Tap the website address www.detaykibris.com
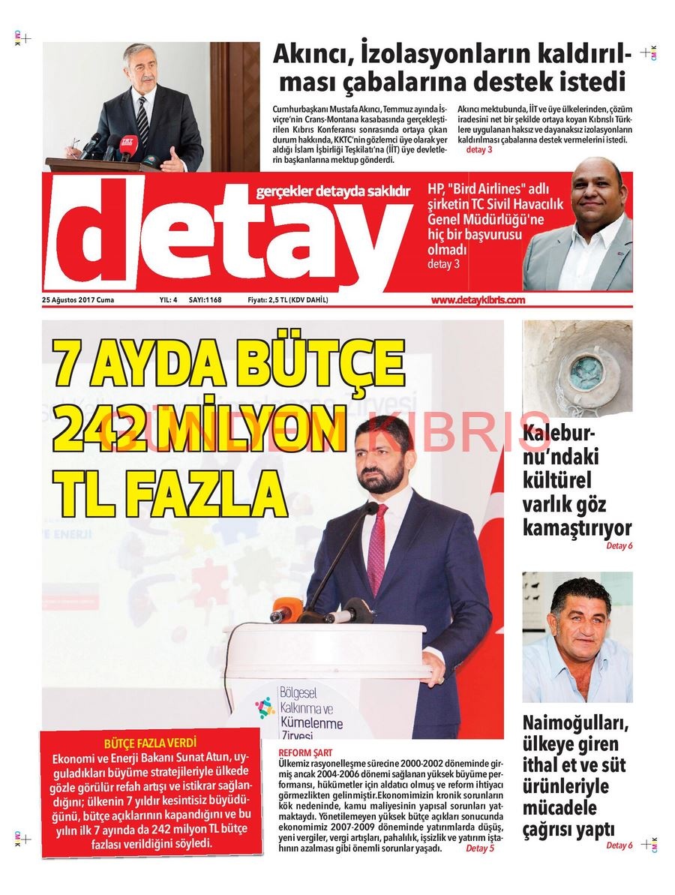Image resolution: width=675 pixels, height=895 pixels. [x=478, y=300]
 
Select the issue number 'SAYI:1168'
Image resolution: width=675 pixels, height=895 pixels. [x=205, y=300]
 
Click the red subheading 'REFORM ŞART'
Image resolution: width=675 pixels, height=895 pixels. [x=304, y=752]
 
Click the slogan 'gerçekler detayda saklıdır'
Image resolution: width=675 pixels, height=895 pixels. [x=333, y=193]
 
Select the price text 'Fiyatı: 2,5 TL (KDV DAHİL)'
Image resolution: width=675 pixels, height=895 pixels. [x=287, y=300]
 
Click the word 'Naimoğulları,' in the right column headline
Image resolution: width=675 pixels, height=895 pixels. [x=576, y=724]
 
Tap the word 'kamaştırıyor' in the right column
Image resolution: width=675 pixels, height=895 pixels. [x=577, y=527]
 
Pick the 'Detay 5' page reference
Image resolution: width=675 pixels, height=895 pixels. [x=480, y=848]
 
